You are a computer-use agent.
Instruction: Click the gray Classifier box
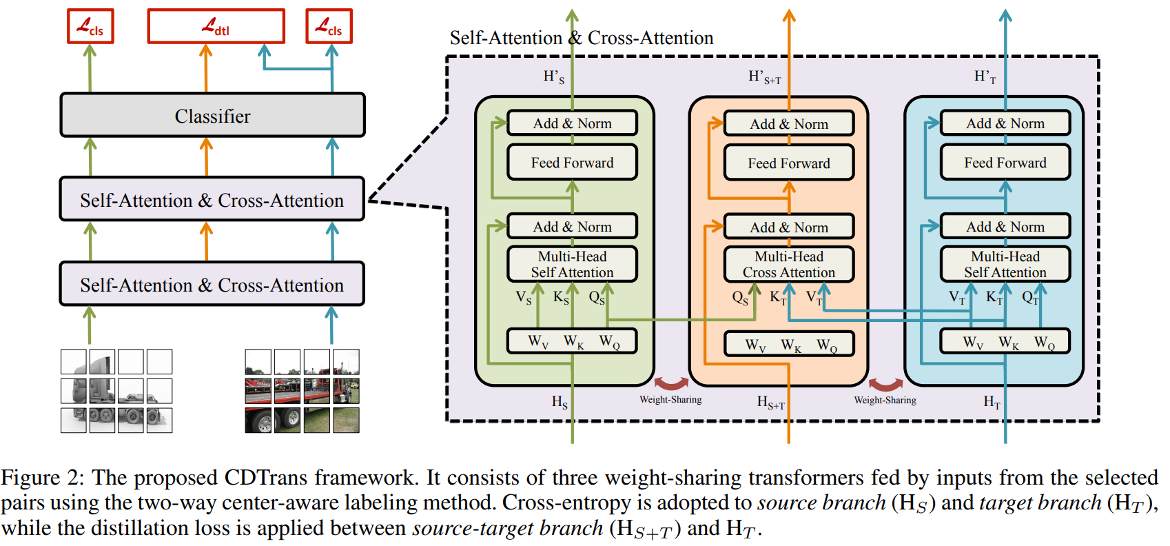[x=212, y=115]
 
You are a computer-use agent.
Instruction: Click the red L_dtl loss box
[x=216, y=26]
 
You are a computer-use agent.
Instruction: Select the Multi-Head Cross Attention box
[x=789, y=265]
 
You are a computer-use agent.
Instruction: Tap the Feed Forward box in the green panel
[x=572, y=163]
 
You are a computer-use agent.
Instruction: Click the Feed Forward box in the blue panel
[x=1005, y=163]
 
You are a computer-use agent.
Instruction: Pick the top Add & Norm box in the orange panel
[x=789, y=124]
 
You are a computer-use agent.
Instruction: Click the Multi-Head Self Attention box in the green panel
[x=572, y=265]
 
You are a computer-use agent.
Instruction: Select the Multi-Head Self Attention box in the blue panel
[x=1005, y=265]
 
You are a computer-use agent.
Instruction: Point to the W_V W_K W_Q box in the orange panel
[x=789, y=344]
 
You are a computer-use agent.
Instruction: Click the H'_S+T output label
[x=764, y=77]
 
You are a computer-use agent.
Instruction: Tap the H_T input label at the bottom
[x=992, y=402]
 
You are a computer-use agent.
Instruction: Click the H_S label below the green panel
[x=560, y=402]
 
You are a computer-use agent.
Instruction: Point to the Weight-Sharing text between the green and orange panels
[x=670, y=400]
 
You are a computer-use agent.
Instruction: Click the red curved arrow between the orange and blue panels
[x=885, y=383]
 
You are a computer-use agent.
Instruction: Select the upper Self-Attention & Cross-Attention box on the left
[x=212, y=200]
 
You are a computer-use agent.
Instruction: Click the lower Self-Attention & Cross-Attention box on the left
[x=212, y=285]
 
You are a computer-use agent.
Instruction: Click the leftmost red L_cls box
[x=90, y=26]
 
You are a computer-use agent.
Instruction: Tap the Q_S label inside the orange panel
[x=740, y=298]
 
